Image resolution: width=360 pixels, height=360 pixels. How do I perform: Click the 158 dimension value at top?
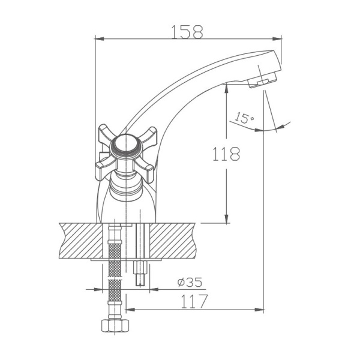[187, 31]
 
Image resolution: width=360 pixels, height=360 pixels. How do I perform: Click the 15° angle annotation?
[245, 118]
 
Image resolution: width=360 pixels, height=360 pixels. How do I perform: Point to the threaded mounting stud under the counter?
[142, 273]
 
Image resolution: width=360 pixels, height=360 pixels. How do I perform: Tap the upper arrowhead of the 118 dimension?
[226, 87]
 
